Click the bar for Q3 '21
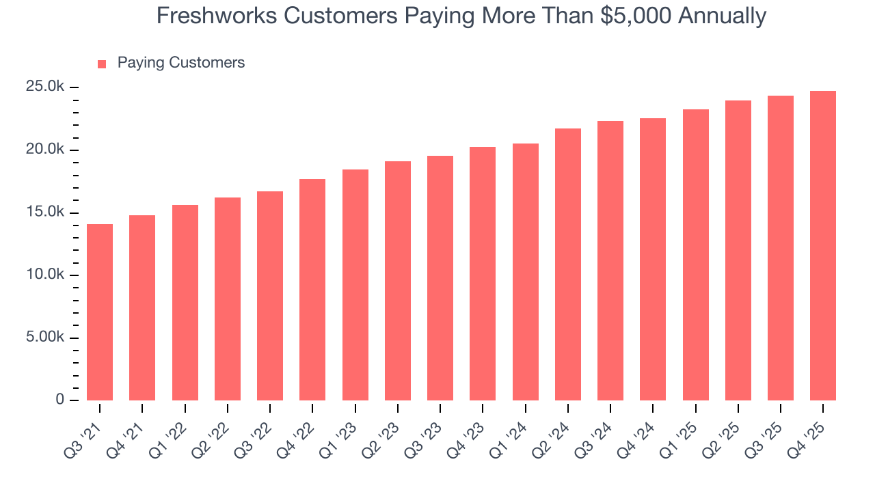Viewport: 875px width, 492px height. coord(100,312)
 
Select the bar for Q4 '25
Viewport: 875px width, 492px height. coord(822,246)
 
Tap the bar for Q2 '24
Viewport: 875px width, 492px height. coord(567,264)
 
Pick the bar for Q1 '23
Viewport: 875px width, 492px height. coord(355,285)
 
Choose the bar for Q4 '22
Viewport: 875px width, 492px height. coord(312,290)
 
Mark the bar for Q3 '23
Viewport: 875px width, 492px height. coord(440,278)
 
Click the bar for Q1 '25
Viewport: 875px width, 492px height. coord(695,255)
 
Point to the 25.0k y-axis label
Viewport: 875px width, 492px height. coord(45,87)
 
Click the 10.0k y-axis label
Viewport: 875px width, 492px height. coord(45,275)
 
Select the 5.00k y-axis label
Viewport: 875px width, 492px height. coord(45,338)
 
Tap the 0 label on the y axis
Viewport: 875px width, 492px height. coord(60,400)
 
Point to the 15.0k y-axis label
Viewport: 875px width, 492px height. coord(45,213)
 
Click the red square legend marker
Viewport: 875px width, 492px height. coord(102,64)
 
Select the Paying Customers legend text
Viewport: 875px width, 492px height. coord(180,63)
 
